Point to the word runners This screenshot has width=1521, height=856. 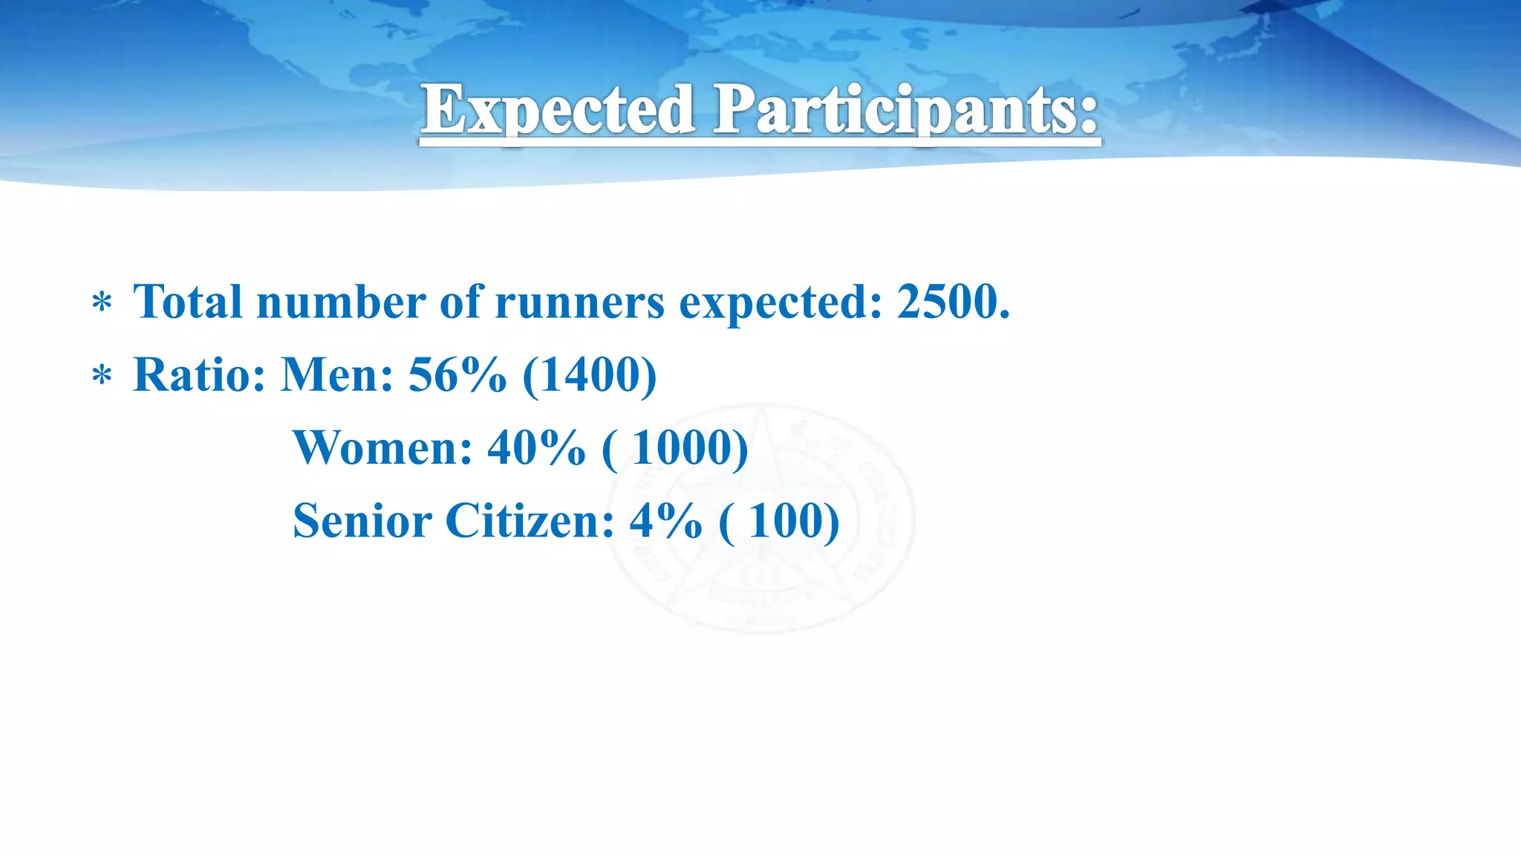579,303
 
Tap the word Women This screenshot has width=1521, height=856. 382,447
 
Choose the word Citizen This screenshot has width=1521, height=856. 529,520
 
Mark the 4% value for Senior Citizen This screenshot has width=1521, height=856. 665,520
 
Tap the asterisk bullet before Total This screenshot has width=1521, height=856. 102,304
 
